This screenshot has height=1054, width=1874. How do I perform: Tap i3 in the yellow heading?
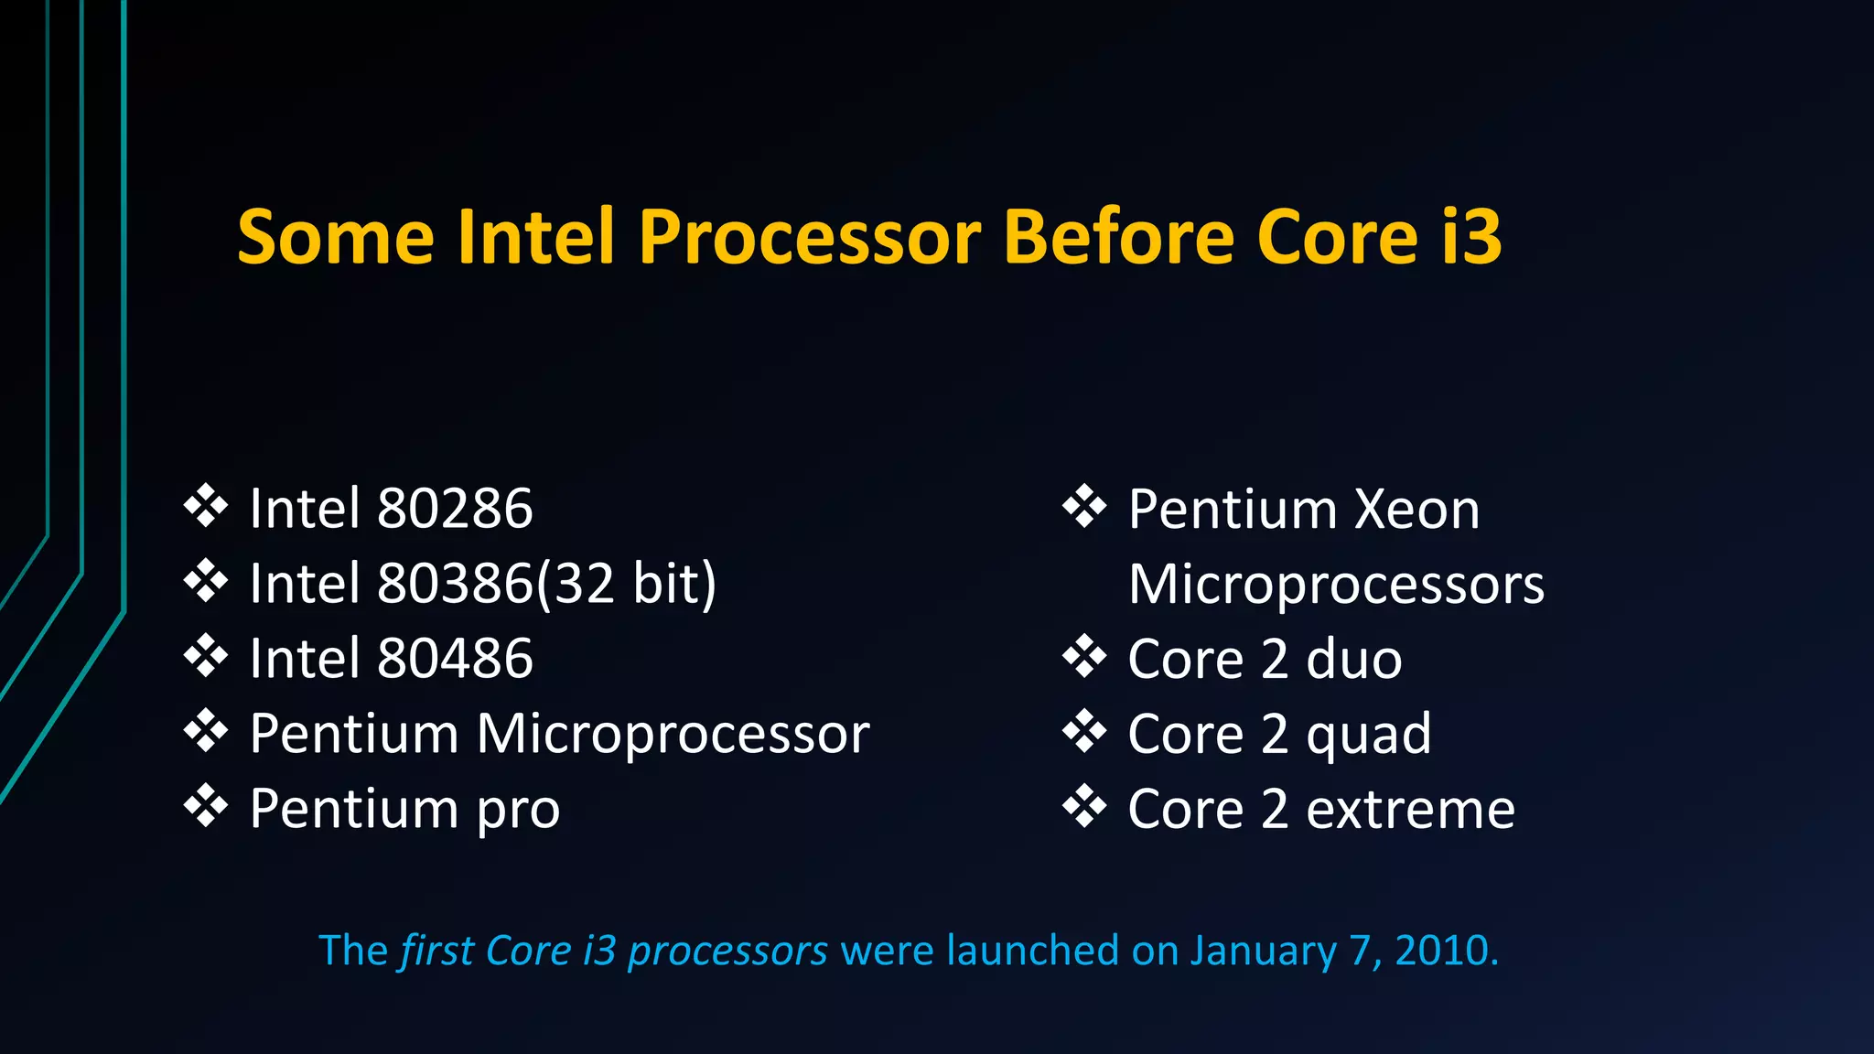pos(1470,237)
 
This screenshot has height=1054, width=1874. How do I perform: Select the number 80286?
pos(455,509)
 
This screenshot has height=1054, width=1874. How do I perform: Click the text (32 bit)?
pos(627,584)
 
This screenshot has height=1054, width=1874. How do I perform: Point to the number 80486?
pos(455,659)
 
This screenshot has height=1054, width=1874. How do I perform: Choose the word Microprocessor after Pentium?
pos(673,734)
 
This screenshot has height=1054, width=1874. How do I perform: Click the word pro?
pos(518,811)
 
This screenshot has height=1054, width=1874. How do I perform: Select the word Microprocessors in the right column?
pos(1336,584)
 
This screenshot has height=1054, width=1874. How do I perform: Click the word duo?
pos(1353,659)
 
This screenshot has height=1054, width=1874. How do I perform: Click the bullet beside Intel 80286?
pos(206,506)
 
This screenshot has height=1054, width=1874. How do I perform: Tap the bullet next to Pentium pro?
pos(206,806)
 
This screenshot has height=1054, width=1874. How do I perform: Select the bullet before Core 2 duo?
pos(1084,656)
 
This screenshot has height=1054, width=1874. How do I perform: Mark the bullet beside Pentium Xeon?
pos(1084,506)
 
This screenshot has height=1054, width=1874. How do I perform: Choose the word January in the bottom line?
pos(1263,952)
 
